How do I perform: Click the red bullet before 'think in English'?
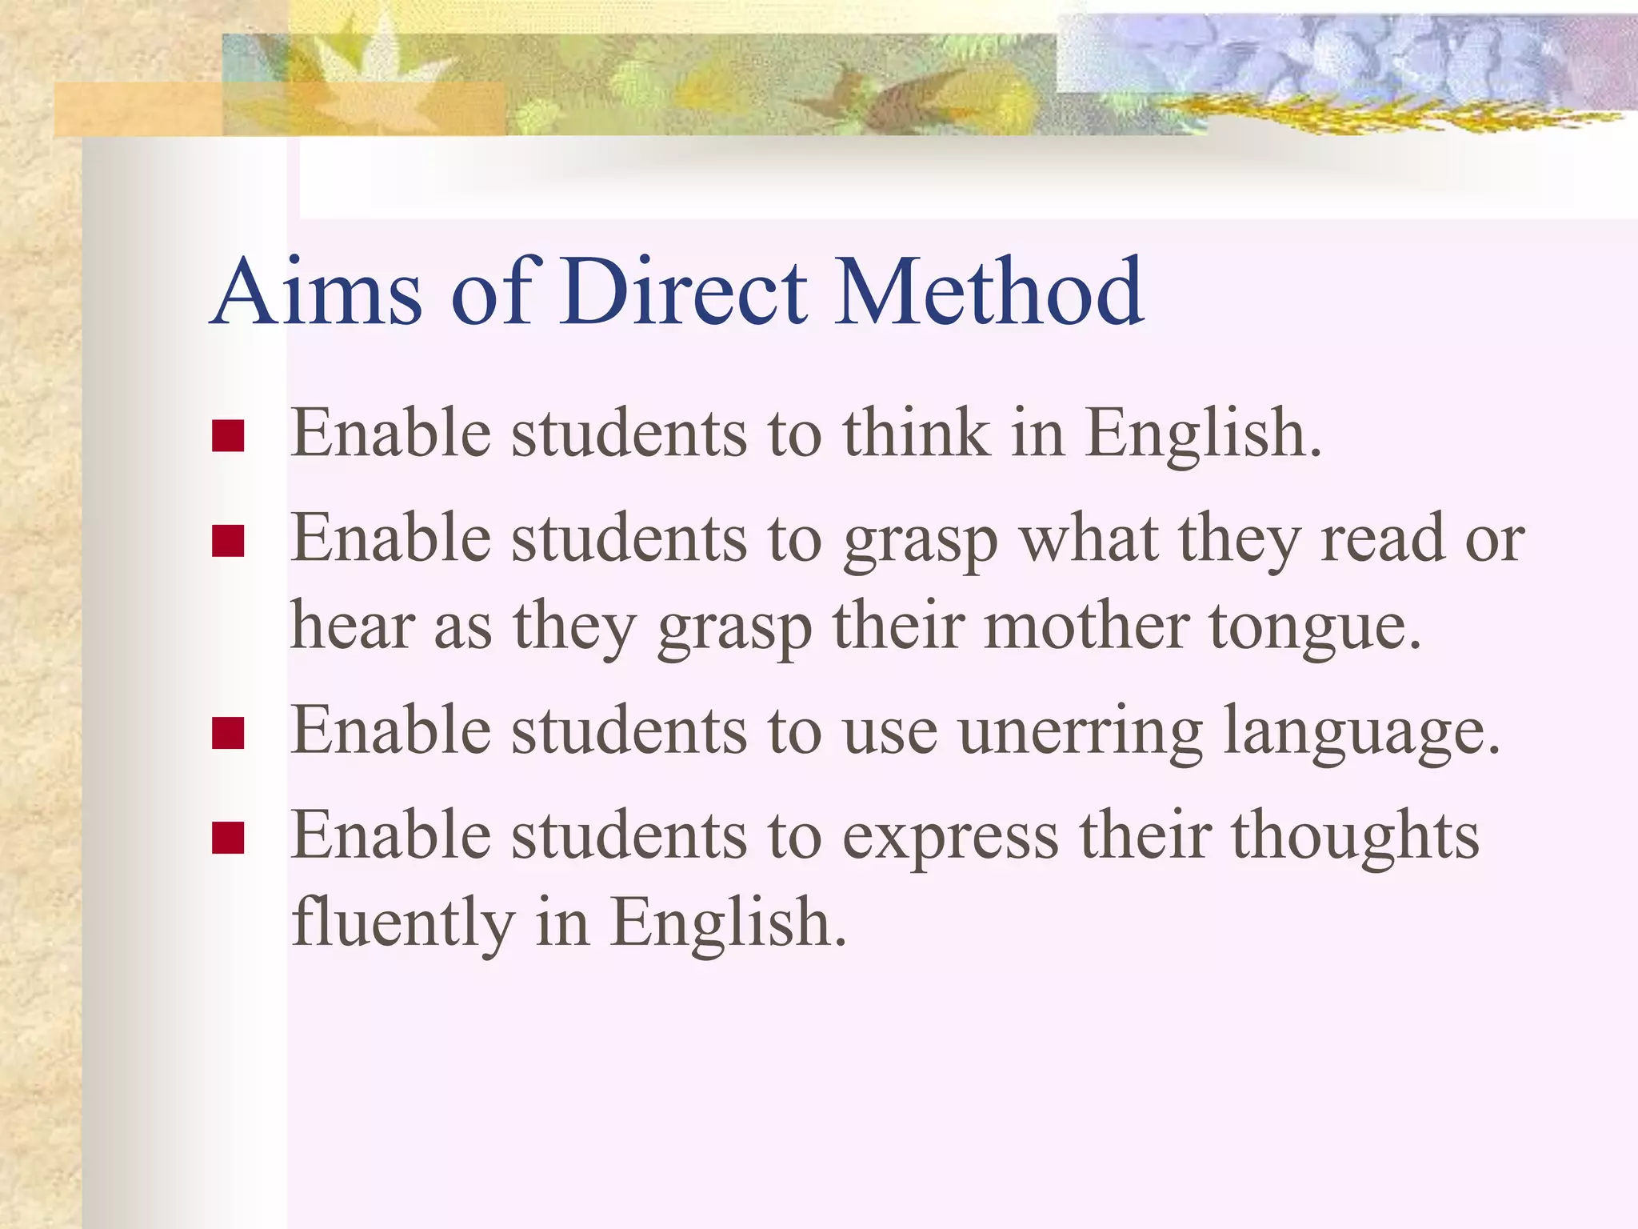tap(228, 436)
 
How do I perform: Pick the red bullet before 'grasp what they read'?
tap(228, 541)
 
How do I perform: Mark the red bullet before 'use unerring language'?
tap(228, 733)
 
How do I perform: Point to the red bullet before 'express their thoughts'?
tap(228, 839)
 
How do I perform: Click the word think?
tap(916, 433)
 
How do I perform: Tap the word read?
tap(1382, 538)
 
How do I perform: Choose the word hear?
tap(352, 626)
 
